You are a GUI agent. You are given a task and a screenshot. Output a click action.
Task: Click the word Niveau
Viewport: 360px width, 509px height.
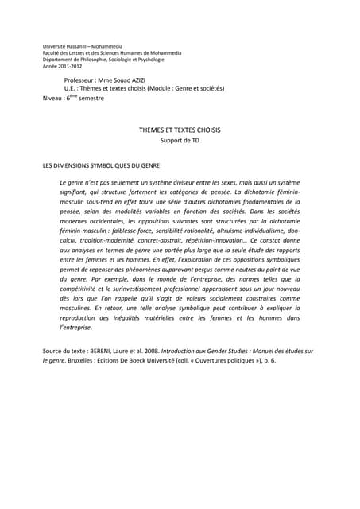coord(52,98)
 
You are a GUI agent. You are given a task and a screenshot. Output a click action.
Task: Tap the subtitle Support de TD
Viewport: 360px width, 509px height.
coord(179,141)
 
